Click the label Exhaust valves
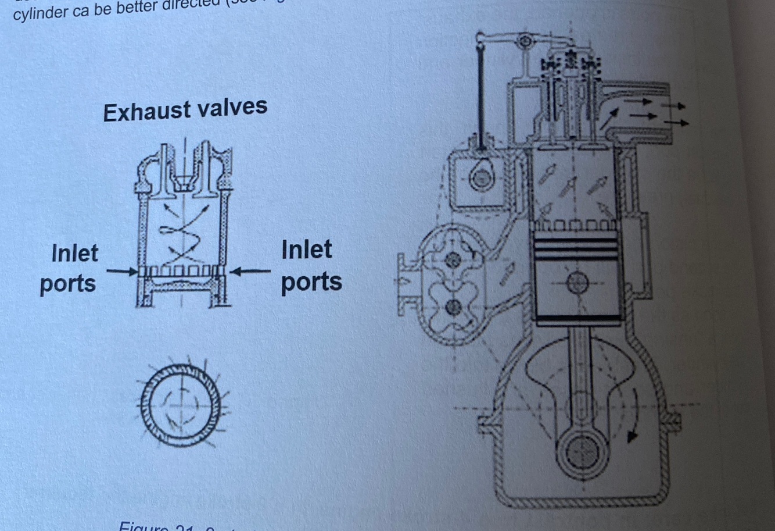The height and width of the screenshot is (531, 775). coord(185,109)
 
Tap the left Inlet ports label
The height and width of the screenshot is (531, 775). coord(70,268)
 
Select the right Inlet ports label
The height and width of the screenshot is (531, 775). coord(311,266)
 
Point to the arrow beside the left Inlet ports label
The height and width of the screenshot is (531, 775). coord(122,270)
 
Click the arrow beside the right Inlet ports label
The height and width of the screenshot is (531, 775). coord(251,270)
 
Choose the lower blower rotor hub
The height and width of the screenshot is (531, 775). coord(454,307)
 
